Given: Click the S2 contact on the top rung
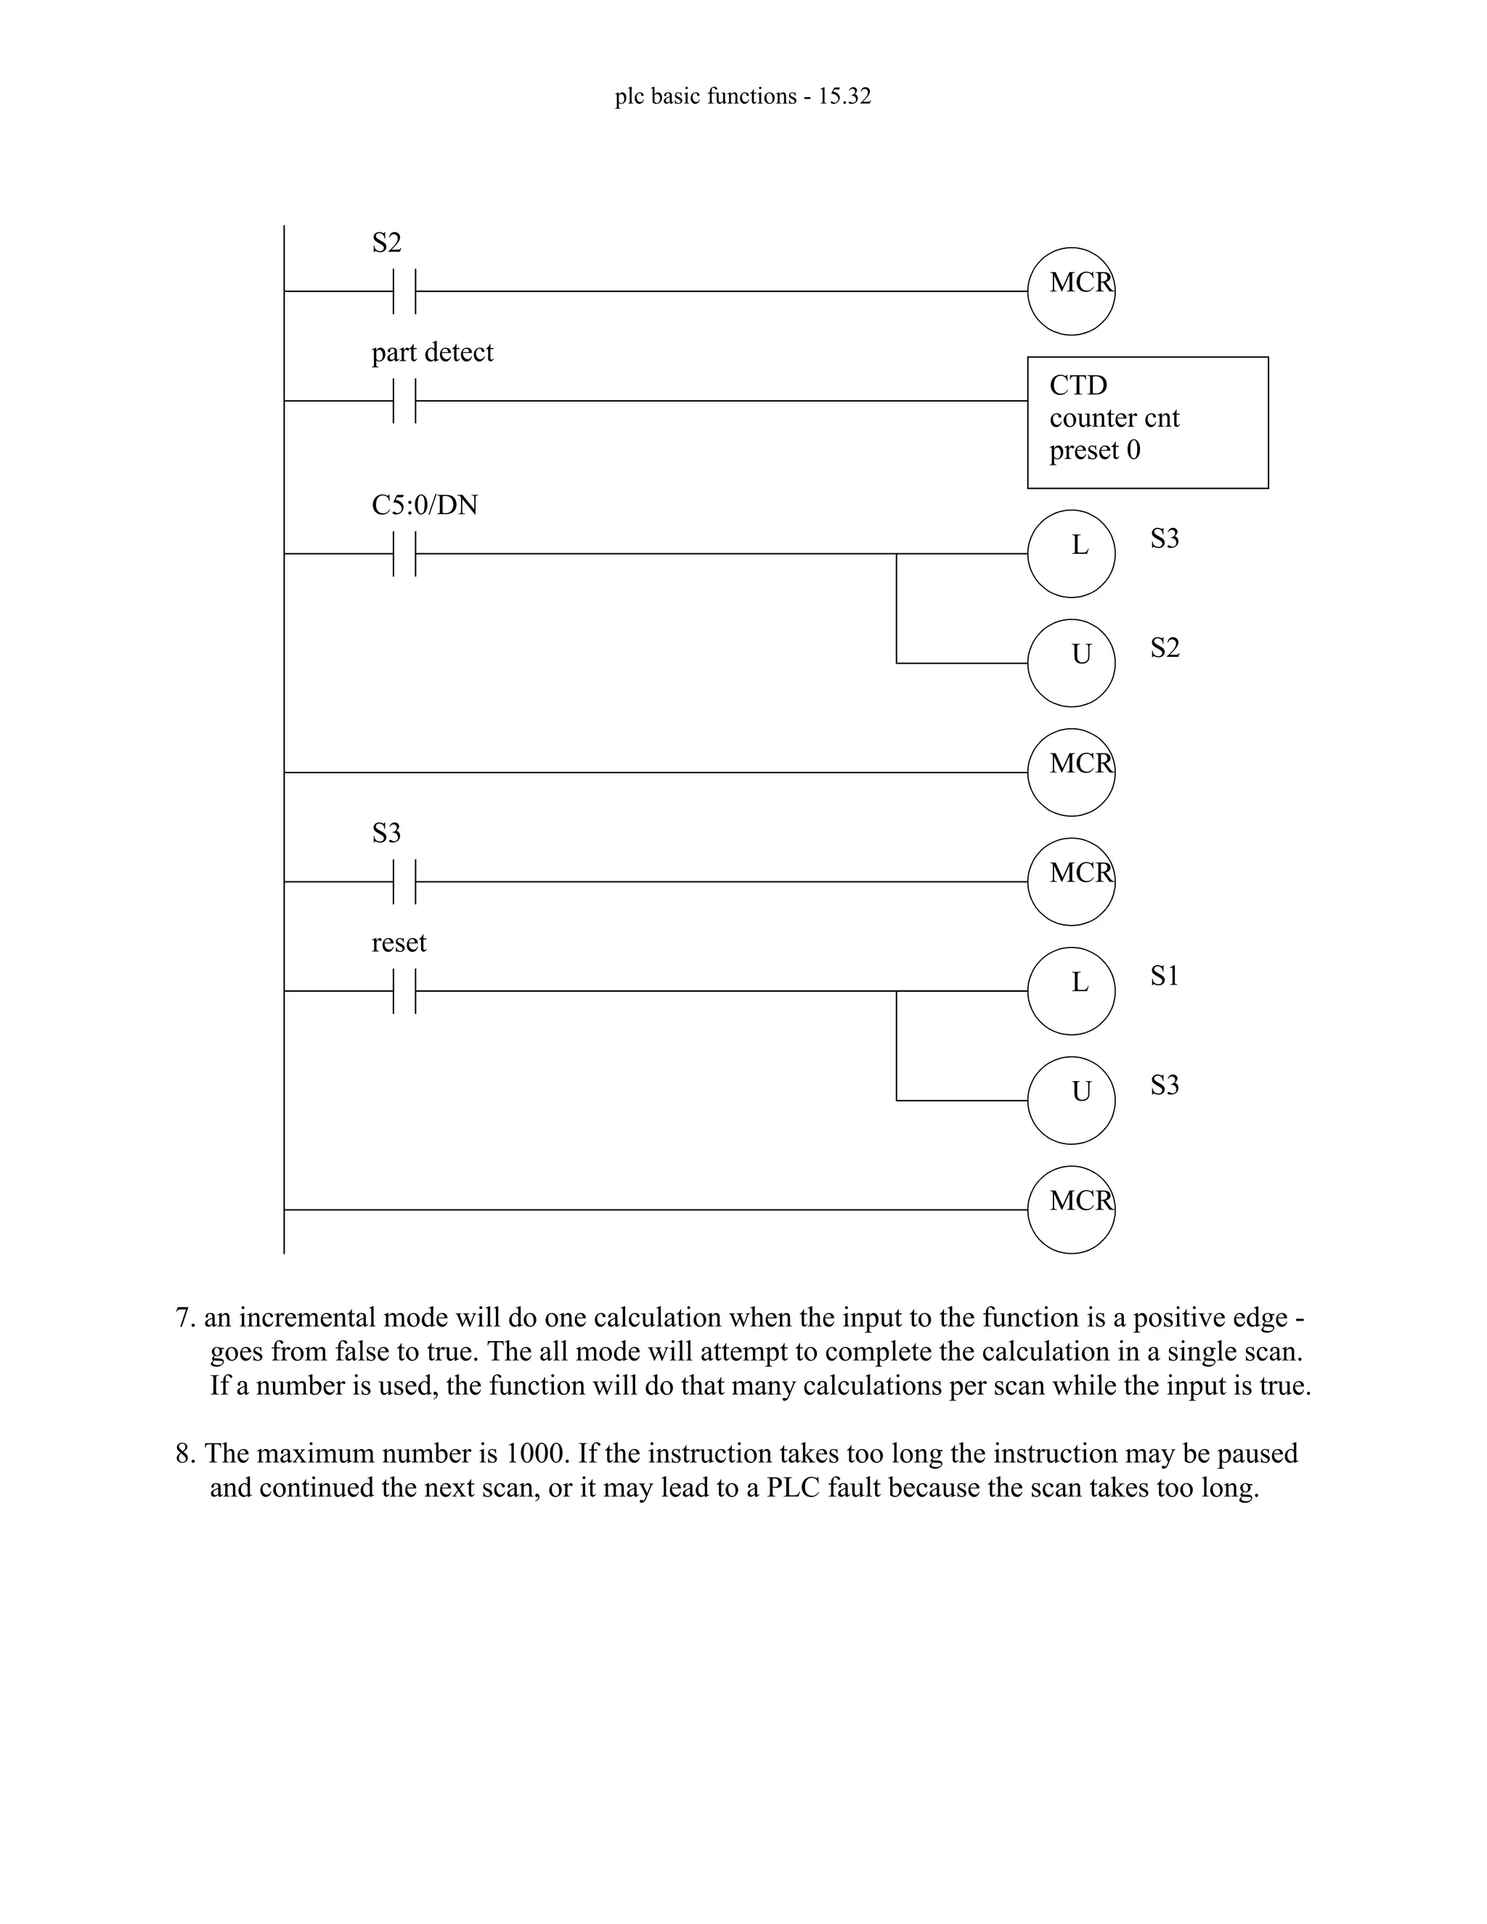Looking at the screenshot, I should [x=404, y=292].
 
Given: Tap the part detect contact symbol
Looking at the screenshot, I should [x=404, y=401].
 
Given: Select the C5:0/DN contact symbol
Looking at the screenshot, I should [x=404, y=554].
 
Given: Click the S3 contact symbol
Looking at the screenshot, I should [x=404, y=882].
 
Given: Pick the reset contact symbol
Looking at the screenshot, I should [x=404, y=991].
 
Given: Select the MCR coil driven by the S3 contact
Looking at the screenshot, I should [x=1071, y=882].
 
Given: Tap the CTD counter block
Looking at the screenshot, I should [x=1147, y=423].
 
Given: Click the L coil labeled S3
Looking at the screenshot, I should [x=1071, y=554].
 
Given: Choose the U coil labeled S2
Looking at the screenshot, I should [x=1071, y=664].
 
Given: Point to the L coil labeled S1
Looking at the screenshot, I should [x=1071, y=991].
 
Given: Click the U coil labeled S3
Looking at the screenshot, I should [x=1071, y=1100].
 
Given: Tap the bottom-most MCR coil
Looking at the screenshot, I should [x=1071, y=1210].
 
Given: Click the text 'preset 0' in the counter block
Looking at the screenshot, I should [x=1094, y=450].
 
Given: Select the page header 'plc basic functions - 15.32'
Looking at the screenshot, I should [x=743, y=96].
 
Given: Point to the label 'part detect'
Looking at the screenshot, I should [x=432, y=352].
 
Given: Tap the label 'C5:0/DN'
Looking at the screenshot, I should [x=425, y=505].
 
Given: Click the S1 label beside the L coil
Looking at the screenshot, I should [x=1164, y=975].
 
